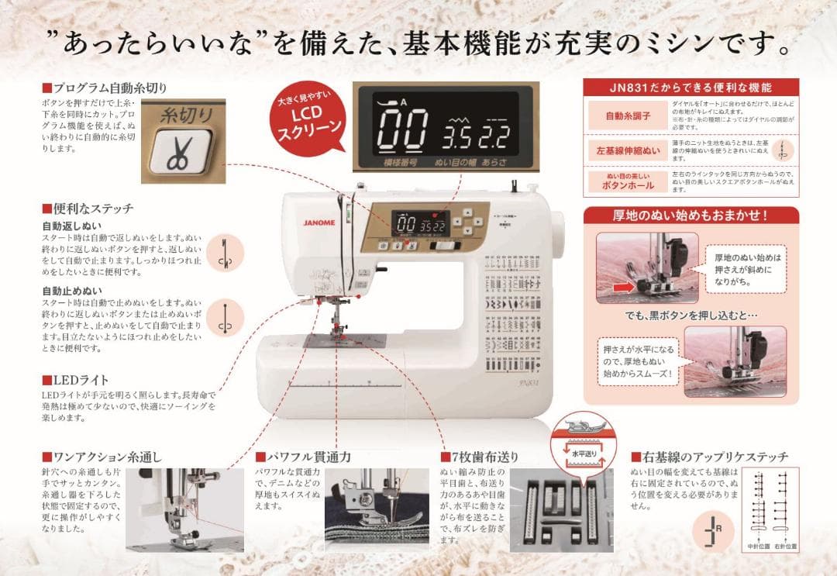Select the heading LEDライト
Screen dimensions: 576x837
point(80,381)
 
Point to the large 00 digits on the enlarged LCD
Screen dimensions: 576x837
point(404,129)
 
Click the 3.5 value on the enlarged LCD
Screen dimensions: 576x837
point(460,138)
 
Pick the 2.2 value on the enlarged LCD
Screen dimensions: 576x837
point(497,138)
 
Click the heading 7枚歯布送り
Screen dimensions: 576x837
point(484,457)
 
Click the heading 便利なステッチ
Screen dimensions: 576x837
point(91,209)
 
